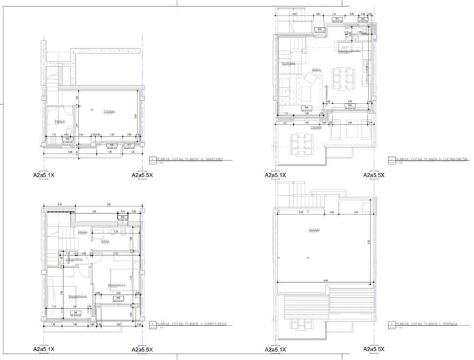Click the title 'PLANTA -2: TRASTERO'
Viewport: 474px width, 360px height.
tap(194, 159)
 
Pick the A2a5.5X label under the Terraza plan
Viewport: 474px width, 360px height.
tap(373, 349)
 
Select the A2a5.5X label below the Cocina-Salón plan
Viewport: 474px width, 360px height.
tap(373, 175)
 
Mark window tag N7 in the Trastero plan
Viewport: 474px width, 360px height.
tap(130, 145)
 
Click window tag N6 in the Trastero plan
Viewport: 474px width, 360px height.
tap(110, 145)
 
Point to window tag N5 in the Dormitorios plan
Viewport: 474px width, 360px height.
tap(118, 298)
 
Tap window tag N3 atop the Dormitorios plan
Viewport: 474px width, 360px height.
tap(123, 217)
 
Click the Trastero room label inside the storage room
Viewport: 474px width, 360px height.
tap(109, 112)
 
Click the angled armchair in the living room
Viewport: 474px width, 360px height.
tap(316, 72)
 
